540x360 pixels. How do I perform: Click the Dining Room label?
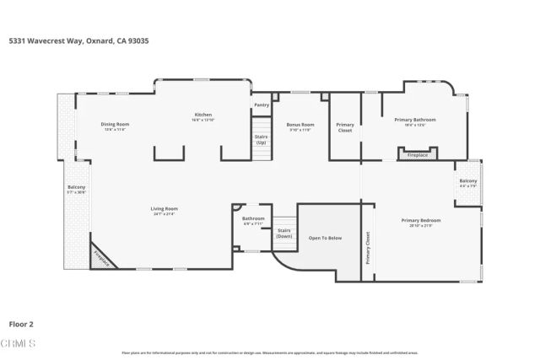click(116, 124)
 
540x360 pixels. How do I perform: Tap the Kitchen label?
click(203, 115)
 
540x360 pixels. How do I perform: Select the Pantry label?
click(262, 105)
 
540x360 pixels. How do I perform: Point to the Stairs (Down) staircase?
click(283, 233)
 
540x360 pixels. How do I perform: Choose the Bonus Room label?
click(300, 124)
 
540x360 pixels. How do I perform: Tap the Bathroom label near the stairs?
click(253, 218)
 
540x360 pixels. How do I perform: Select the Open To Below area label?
click(325, 238)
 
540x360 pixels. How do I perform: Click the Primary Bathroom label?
click(415, 120)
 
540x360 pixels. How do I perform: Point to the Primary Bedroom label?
click(420, 220)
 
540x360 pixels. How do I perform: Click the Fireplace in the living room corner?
click(101, 258)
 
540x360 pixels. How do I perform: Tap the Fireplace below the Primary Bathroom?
click(417, 155)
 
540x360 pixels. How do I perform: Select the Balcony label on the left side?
click(76, 187)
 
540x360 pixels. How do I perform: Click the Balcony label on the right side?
click(467, 181)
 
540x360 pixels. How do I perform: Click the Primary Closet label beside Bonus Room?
click(344, 128)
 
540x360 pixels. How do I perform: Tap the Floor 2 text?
click(21, 323)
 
